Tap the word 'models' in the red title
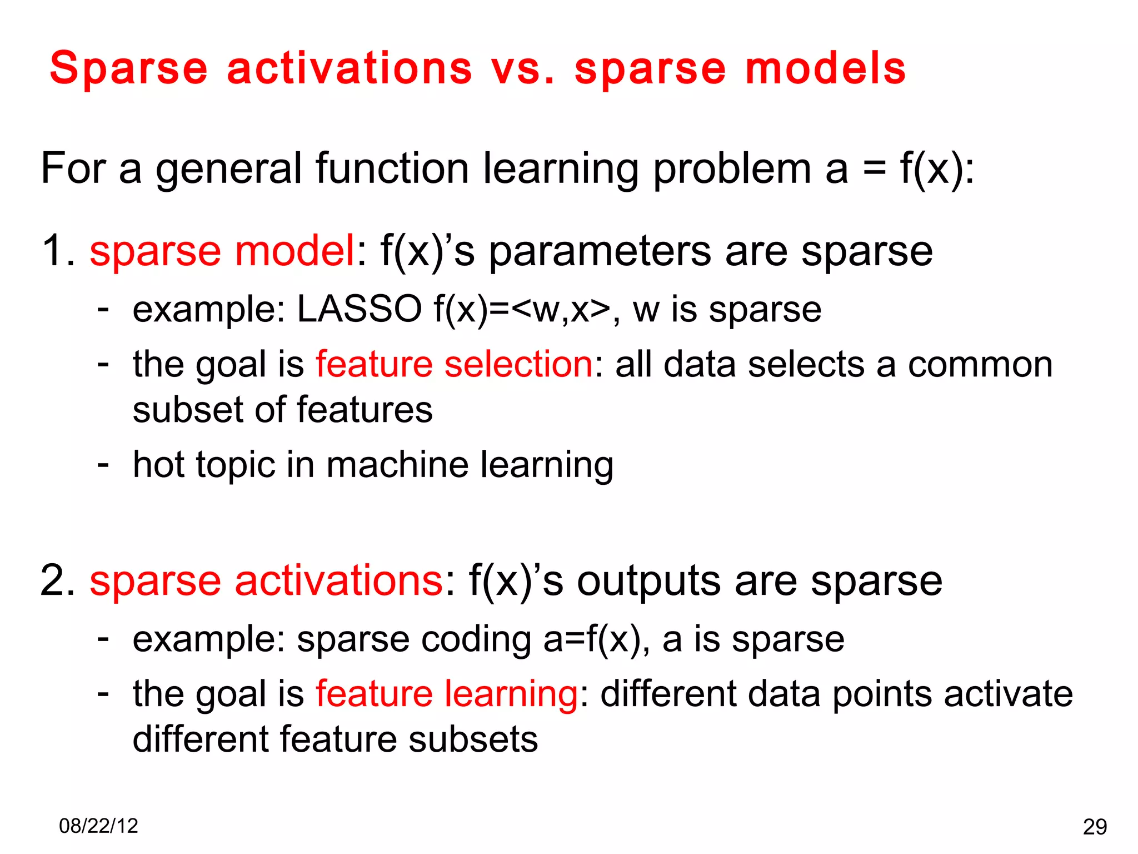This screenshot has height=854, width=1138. pyautogui.click(x=826, y=69)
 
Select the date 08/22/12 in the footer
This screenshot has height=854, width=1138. pyautogui.click(x=98, y=826)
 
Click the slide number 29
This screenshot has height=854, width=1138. pyautogui.click(x=1095, y=827)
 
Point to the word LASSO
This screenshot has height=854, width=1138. pyautogui.click(x=359, y=309)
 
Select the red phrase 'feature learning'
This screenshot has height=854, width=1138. pyautogui.click(x=447, y=694)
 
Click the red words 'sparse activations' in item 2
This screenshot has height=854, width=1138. pyautogui.click(x=266, y=581)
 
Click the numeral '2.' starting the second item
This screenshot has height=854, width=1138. pyautogui.click(x=58, y=581)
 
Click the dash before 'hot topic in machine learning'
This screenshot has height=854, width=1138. pyautogui.click(x=103, y=464)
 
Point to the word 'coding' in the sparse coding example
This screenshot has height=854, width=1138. pyautogui.click(x=476, y=640)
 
